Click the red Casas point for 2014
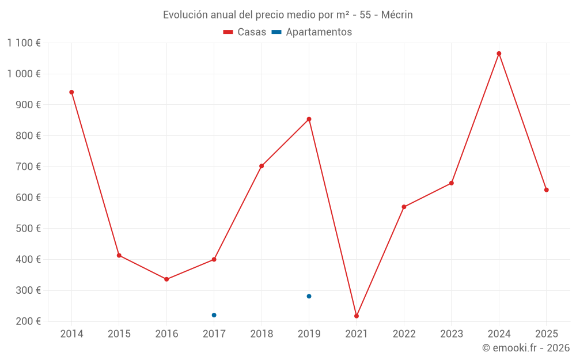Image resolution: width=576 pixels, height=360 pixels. pos(71,92)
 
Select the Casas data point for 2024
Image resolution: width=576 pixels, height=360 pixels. pos(499,54)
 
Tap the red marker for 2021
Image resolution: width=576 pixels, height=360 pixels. pos(357,316)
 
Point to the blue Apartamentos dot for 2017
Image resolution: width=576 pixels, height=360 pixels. pos(214,315)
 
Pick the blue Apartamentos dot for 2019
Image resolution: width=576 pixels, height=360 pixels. pos(309,296)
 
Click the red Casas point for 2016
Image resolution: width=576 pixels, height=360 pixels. pos(166,279)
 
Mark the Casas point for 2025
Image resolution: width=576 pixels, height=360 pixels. pos(546,190)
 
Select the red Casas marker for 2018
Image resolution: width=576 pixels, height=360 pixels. pos(262,166)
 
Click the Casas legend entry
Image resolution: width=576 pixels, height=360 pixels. pos(245,32)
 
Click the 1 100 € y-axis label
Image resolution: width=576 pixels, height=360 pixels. pos(24,43)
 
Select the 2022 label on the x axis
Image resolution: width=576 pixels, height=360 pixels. pos(404,334)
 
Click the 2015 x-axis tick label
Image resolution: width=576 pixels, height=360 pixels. pos(119,334)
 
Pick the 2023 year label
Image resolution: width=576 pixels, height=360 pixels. pos(451,334)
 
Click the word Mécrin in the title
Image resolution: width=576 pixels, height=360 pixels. pos(397,15)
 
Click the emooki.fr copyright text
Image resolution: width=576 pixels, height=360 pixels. pos(526,348)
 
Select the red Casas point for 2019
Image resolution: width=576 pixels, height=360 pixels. pos(309,119)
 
